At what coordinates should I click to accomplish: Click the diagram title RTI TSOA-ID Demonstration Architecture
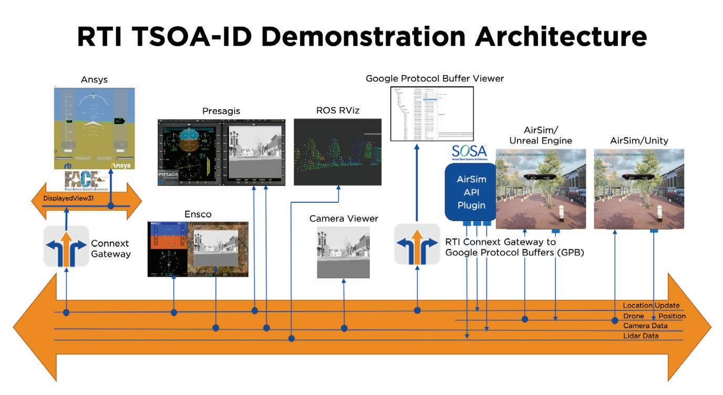pyautogui.click(x=361, y=37)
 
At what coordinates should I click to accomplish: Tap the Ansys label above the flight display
pyautogui.click(x=95, y=80)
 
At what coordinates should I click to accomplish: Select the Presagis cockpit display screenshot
pyautogui.click(x=221, y=152)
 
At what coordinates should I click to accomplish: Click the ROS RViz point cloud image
pyautogui.click(x=337, y=152)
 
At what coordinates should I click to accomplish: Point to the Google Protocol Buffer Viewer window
pyautogui.click(x=432, y=113)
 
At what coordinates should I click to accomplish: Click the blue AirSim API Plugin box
pyautogui.click(x=471, y=192)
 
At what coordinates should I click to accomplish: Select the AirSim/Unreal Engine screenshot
pyautogui.click(x=541, y=189)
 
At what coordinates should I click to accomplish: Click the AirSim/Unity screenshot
pyautogui.click(x=639, y=189)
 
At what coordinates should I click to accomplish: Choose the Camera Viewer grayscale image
pyautogui.click(x=343, y=252)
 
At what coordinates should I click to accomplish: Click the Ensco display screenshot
pyautogui.click(x=198, y=249)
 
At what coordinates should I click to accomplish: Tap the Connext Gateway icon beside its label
pyautogui.click(x=66, y=246)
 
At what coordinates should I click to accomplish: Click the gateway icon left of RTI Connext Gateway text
pyautogui.click(x=417, y=244)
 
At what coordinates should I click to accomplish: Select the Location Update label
pyautogui.click(x=651, y=306)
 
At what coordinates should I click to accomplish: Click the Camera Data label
pyautogui.click(x=645, y=326)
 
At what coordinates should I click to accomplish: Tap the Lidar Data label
pyautogui.click(x=641, y=336)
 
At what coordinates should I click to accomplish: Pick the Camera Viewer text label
pyautogui.click(x=344, y=219)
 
